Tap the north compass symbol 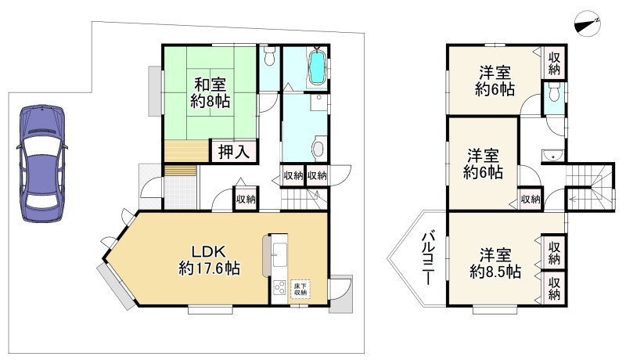pos(586,23)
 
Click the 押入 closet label pos(232,152)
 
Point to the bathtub pos(318,68)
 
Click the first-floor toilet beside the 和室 pos(269,56)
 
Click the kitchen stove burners pos(278,288)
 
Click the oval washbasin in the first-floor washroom pos(318,148)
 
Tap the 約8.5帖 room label pos(495,264)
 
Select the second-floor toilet pos(554,94)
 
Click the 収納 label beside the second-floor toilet pos(554,63)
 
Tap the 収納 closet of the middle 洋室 pos(530,200)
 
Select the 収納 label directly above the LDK pos(245,200)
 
